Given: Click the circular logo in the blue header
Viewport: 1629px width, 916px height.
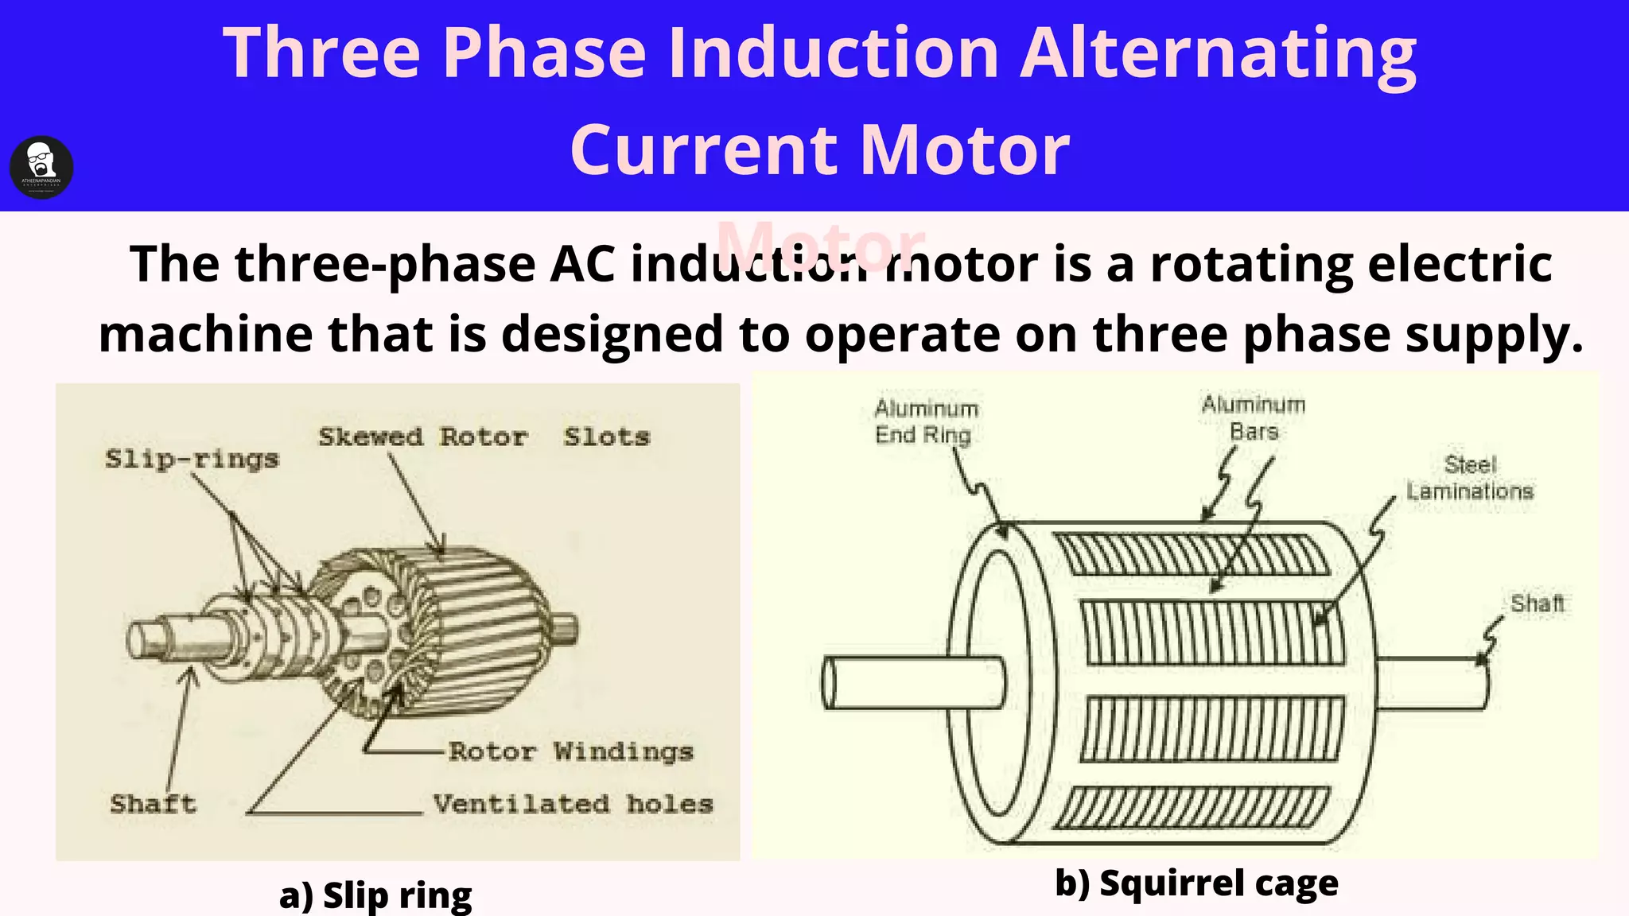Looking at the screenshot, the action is [x=41, y=168].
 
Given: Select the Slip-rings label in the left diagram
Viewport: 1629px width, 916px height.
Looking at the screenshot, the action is [x=192, y=459].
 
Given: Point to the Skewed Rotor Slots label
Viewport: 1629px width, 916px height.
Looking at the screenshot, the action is [x=484, y=437].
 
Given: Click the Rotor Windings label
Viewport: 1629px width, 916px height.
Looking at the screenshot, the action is [x=570, y=751].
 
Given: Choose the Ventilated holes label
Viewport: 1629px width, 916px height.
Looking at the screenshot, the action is [x=573, y=804].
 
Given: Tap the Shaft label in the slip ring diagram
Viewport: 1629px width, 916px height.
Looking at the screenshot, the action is [x=153, y=803].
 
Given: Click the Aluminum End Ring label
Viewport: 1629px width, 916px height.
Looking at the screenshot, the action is [x=925, y=421].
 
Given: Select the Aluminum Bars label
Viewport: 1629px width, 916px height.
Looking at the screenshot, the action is [x=1254, y=418].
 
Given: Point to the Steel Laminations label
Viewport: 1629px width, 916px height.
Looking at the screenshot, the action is [x=1469, y=478].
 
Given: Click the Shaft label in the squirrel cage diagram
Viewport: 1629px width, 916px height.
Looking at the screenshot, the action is [x=1537, y=604].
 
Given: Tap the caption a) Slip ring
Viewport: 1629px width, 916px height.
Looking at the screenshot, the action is [x=375, y=895].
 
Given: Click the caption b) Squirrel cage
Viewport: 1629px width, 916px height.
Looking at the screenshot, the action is [x=1196, y=883].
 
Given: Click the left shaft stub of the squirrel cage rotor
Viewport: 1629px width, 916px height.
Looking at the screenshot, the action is [x=907, y=682].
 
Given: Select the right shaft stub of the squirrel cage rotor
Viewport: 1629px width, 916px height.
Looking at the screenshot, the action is [x=1432, y=682].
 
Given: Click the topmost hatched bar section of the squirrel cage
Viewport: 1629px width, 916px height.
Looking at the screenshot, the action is [x=1191, y=554].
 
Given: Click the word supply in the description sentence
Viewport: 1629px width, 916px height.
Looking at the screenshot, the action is [x=1493, y=334].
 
